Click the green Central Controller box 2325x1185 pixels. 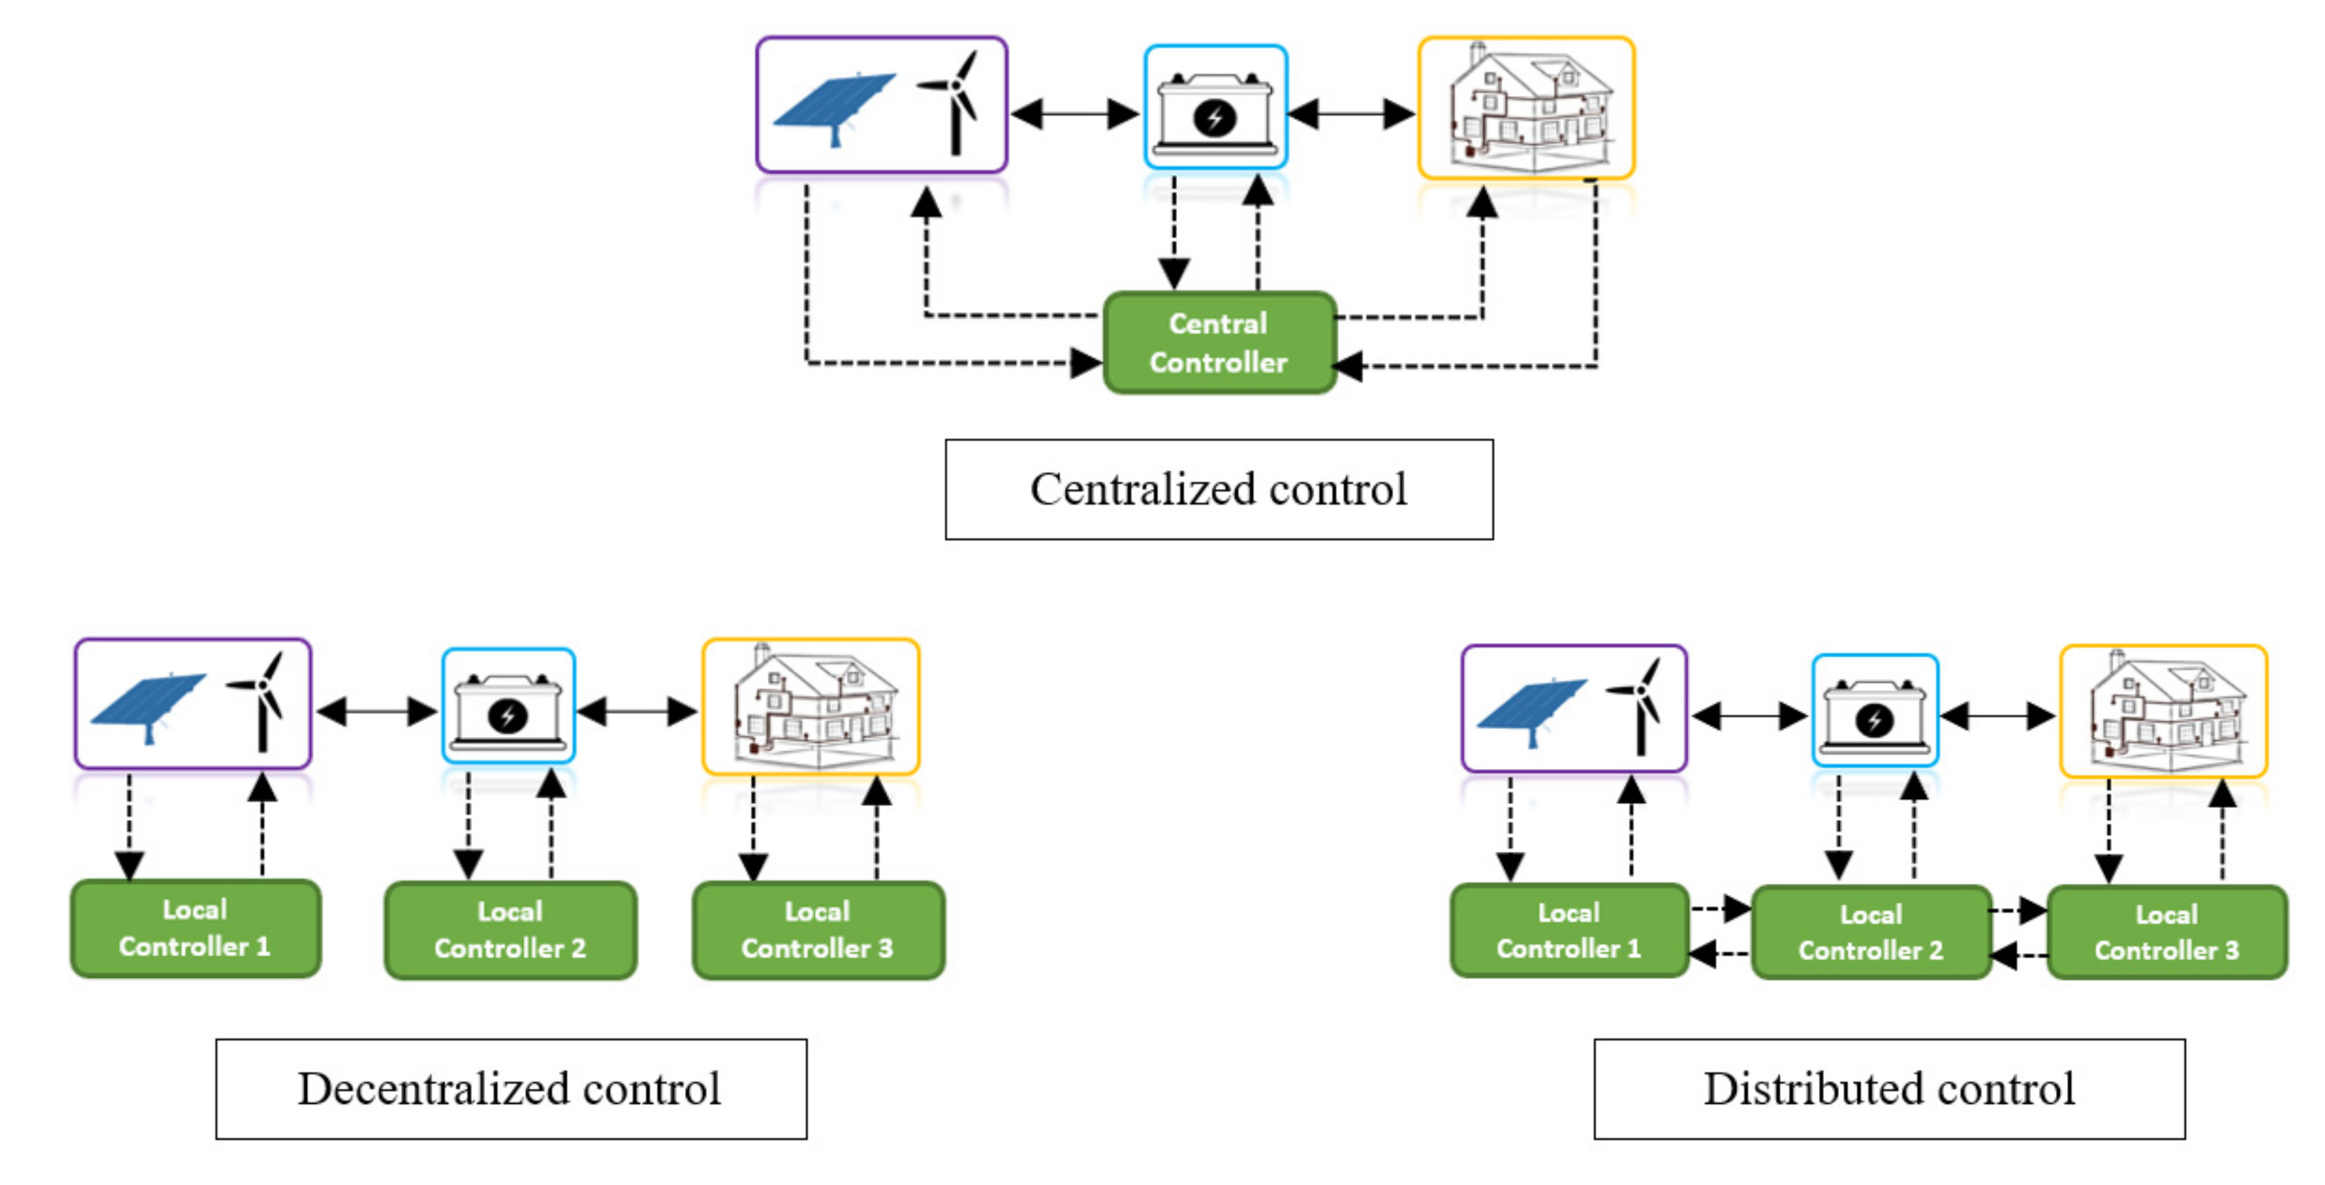coord(1219,343)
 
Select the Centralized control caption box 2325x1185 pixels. coord(1219,489)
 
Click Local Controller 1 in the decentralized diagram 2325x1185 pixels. coord(196,929)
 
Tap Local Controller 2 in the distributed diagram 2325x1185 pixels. coord(1871,932)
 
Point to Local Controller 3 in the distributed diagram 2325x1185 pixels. coord(2167,932)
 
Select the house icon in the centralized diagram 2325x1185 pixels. coord(1527,108)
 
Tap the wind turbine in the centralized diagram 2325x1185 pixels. coord(955,101)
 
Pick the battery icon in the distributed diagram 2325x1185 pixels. coord(1875,714)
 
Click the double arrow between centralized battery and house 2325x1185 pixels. coord(1351,115)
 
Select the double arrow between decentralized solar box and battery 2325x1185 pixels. coord(376,711)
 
